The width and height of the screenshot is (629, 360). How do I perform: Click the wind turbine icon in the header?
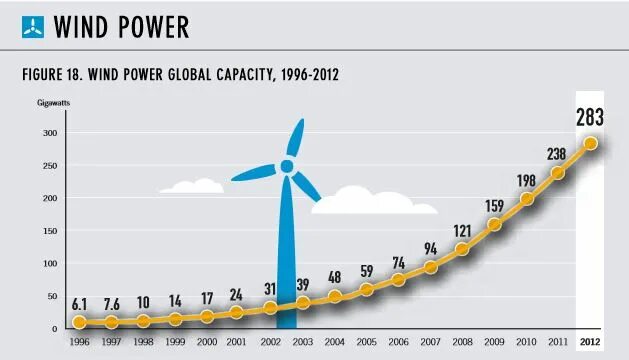click(x=33, y=27)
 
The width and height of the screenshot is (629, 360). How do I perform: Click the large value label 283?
click(x=590, y=117)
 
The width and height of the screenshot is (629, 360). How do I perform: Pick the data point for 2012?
click(x=590, y=143)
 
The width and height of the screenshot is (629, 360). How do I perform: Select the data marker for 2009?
click(x=493, y=224)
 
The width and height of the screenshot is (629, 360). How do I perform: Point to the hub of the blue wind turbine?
click(x=287, y=166)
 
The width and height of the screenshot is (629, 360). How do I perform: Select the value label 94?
click(x=431, y=249)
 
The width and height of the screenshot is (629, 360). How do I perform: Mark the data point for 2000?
click(x=207, y=316)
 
